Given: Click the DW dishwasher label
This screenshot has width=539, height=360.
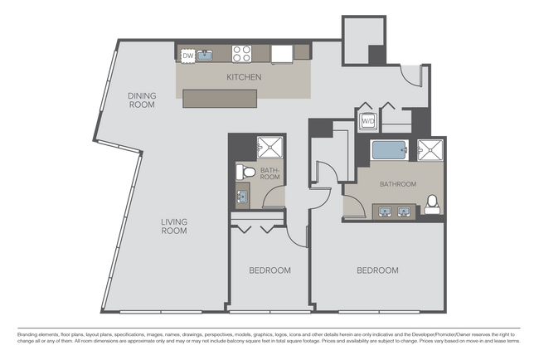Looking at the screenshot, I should point(187,56).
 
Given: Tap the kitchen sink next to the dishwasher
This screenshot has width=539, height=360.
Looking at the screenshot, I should point(204,56).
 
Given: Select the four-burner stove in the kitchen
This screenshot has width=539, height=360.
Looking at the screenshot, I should point(242,54).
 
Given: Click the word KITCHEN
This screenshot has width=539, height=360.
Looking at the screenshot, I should point(244,77).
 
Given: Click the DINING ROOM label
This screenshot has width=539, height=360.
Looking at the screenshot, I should point(142,100).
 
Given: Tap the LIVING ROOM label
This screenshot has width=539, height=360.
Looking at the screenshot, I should point(173,226).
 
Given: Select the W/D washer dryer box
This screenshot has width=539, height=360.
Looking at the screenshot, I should point(367,122).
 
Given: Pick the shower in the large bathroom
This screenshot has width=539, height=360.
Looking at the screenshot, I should point(430,150).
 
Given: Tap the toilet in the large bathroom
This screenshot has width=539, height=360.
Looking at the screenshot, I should point(431,203).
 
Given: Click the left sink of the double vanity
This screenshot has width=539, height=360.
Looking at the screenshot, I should point(386,210).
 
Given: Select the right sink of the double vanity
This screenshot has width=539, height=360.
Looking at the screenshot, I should point(404,210).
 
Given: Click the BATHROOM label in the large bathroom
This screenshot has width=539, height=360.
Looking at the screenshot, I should point(398,184).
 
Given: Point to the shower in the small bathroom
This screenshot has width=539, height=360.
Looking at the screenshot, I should point(269,147).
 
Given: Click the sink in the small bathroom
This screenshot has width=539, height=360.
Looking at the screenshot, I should point(241,196).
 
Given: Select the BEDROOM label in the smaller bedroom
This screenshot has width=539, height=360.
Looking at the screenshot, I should point(270,270).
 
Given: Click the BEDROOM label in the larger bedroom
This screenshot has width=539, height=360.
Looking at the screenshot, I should point(377,270).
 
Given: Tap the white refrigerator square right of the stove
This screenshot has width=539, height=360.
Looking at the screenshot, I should point(282,54).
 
